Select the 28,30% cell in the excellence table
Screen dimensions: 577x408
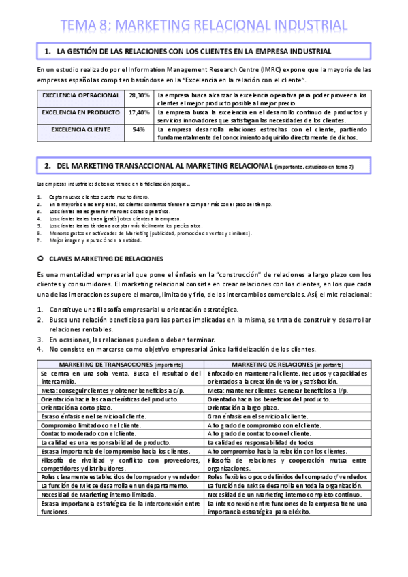[x=140, y=95]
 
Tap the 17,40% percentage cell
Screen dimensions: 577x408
[x=140, y=112]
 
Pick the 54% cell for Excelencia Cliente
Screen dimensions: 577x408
[x=139, y=129]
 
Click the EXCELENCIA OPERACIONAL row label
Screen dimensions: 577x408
[x=80, y=95]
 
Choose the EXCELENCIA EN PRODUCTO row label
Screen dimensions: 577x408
[x=80, y=112]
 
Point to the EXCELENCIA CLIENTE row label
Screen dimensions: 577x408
[x=81, y=129]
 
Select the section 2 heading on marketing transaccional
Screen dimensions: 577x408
[x=198, y=166]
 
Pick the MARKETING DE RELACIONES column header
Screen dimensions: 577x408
[x=287, y=365]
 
